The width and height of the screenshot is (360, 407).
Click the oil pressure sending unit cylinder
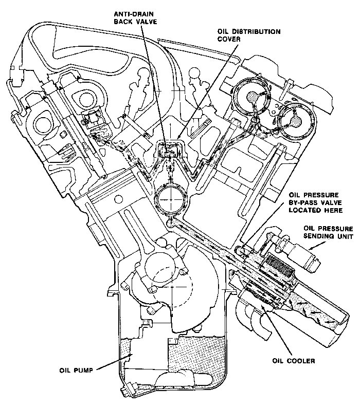pyautogui.click(x=301, y=253)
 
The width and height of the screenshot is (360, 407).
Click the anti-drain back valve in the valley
pyautogui.click(x=168, y=151)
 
